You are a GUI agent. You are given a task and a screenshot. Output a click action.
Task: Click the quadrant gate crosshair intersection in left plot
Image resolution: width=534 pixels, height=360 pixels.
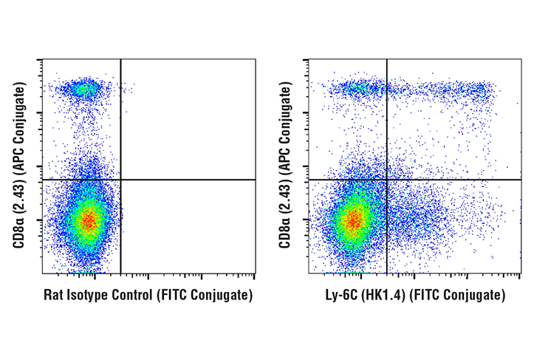(x=120, y=180)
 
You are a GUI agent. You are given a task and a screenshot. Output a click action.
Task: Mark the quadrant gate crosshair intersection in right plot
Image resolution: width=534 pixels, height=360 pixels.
(x=386, y=180)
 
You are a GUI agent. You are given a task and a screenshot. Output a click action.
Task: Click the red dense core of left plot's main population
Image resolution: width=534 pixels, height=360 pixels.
(x=89, y=221)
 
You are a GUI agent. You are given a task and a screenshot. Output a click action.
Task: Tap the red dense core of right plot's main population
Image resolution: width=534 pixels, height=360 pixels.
(x=354, y=220)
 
